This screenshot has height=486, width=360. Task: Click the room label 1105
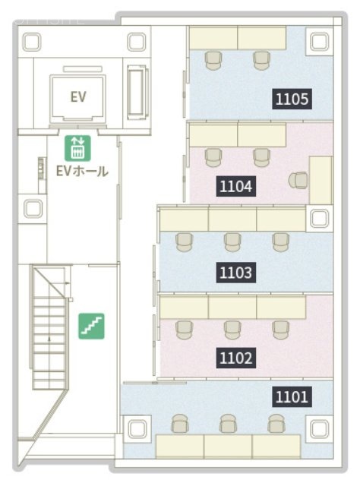pos(292,99)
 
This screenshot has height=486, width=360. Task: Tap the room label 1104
pos(236,186)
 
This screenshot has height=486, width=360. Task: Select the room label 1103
pos(236,273)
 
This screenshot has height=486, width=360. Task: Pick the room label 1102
pos(236,358)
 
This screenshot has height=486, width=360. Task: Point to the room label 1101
pos(292,396)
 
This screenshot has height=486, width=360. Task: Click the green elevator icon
pos(77,148)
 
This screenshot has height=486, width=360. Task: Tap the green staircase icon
pos(91,326)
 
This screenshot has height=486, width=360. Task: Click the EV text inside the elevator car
pos(77,97)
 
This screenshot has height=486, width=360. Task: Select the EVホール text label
pos(82,171)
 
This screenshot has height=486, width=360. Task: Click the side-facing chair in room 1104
pos(298,180)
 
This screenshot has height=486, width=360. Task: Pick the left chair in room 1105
pos(213,61)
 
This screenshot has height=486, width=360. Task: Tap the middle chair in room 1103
pos(232,242)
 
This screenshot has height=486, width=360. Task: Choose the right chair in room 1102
pos(281,330)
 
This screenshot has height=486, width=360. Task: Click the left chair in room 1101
pos(180,424)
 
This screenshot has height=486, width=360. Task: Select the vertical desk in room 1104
pos(321,180)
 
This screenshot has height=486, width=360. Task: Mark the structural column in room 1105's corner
pos(320,42)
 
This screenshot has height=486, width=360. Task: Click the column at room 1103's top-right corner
pos(320,218)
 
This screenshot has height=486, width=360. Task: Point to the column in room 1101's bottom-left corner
pos(137,428)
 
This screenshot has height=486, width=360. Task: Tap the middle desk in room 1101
pos(228,446)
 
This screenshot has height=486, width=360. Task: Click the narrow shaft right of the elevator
pos(137,92)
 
